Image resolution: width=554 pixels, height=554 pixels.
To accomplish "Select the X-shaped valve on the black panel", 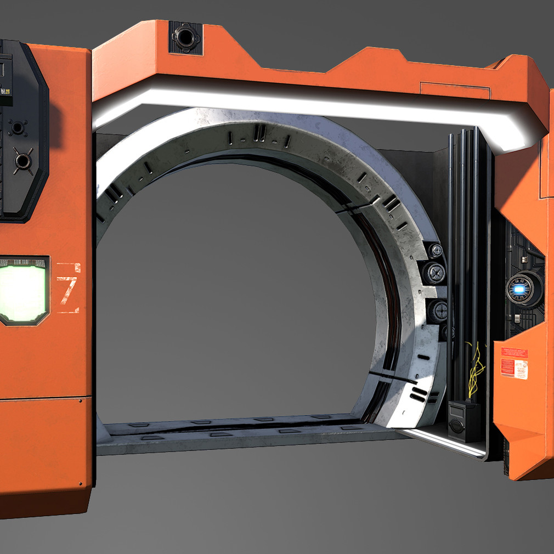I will [22, 161].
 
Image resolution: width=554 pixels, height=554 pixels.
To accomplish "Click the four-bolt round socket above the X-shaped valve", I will [17, 128].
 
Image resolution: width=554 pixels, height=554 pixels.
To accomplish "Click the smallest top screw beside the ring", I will [437, 251].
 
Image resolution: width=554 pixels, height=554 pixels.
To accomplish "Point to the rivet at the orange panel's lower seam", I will [81, 401].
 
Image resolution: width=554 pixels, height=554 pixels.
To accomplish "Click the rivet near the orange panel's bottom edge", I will [81, 484].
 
